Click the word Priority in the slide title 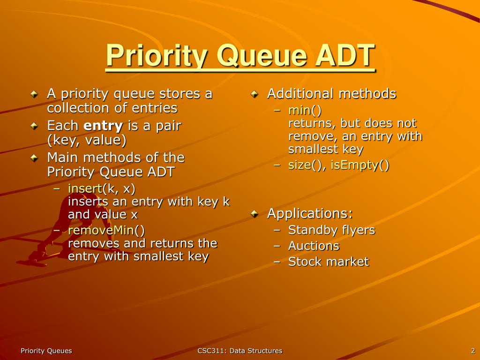pos(157,56)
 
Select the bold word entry pos(103,126)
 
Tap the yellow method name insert pos(85,189)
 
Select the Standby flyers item pos(331,230)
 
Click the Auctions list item pos(313,246)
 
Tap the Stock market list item pos(328,262)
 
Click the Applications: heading pos(309,214)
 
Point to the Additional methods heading pos(331,94)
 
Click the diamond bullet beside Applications pos(254,214)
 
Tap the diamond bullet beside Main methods pos(34,158)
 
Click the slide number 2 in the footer pos(473,351)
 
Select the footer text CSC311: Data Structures pos(240,351)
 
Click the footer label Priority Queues pos(46,351)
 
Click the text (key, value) pos(87,140)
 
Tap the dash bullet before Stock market pos(277,262)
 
